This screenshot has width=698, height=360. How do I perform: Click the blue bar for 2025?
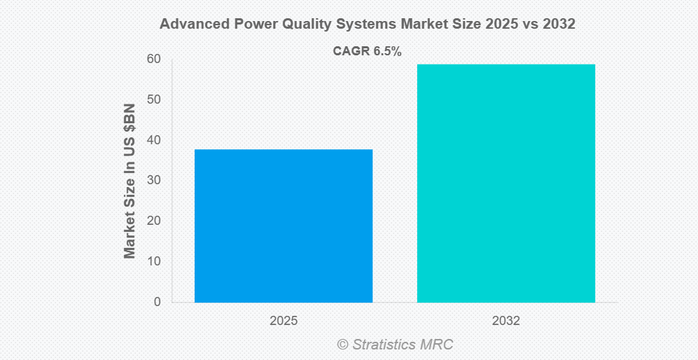[x=283, y=226]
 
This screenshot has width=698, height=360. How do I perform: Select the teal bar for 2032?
[x=505, y=183]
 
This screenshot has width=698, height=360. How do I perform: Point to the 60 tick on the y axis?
[x=153, y=59]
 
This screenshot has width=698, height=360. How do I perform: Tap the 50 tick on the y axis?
[x=153, y=99]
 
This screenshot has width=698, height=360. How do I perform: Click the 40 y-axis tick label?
[x=153, y=140]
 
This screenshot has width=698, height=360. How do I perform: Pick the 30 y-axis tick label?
[x=153, y=181]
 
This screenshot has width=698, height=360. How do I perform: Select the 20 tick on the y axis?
[x=153, y=221]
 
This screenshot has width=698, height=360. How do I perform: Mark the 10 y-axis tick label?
[x=153, y=261]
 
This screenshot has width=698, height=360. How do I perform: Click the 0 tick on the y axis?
[x=157, y=302]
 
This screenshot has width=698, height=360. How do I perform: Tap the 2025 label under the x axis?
[x=284, y=321]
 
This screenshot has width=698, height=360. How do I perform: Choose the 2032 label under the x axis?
[x=506, y=321]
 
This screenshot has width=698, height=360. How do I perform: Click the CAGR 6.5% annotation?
[x=367, y=51]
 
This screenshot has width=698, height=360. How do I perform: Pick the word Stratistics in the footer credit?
[x=384, y=345]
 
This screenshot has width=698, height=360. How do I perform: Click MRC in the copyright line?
[x=438, y=345]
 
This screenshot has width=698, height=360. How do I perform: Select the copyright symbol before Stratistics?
[x=342, y=345]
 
